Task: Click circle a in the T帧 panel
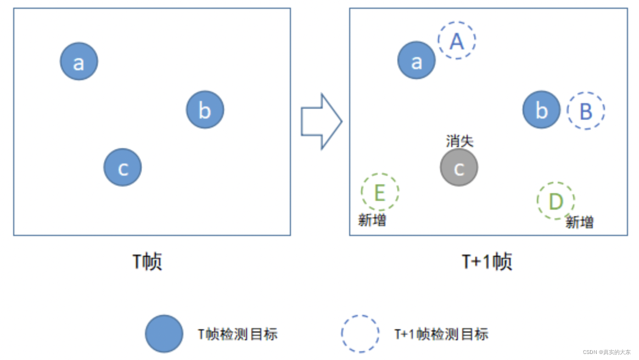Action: coord(79,61)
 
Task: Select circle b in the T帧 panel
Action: coord(205,110)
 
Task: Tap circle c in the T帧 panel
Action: coord(122,167)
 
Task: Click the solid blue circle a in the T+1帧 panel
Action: coord(417,60)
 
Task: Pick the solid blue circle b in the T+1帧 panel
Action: coord(542,110)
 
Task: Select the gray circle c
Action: coord(459,167)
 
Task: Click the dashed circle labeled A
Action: coord(457,41)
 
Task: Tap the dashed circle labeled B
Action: coord(586,111)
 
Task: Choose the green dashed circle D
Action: coord(556,201)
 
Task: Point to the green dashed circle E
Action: coord(380,192)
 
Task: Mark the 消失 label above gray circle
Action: coord(459,142)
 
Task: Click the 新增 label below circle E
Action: coord(372,221)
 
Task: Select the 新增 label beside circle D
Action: coord(580,222)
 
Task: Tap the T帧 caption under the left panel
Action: coord(148,262)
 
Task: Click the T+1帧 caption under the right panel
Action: coord(487,262)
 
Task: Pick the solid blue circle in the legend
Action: coord(164,334)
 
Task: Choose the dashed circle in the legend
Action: coord(360,334)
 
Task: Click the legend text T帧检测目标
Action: coord(238,334)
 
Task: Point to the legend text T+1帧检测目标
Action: coord(441,334)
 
